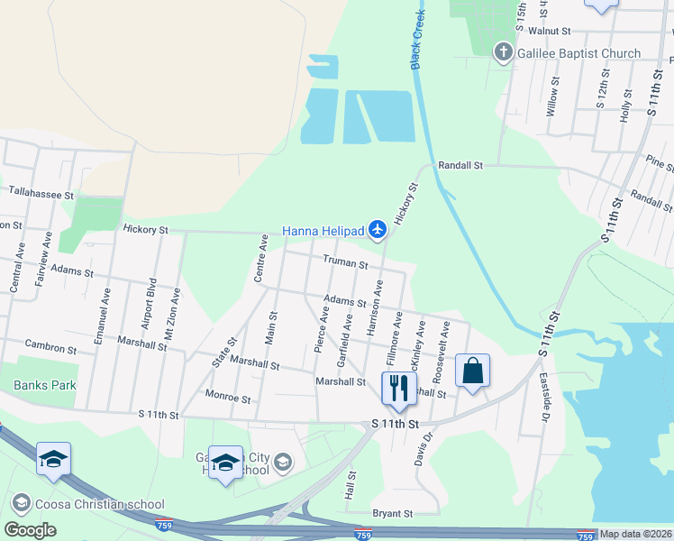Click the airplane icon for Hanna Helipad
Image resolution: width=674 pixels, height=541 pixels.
[x=378, y=232]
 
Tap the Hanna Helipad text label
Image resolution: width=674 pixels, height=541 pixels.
[x=324, y=232]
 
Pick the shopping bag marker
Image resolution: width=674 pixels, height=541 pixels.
[x=472, y=371]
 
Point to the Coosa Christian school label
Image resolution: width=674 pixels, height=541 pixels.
[x=98, y=504]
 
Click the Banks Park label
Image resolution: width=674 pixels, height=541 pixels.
[x=45, y=385]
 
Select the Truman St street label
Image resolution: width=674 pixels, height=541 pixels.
[x=345, y=264]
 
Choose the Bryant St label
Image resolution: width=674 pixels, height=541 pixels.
[x=392, y=513]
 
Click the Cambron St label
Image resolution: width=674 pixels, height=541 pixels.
[x=50, y=348]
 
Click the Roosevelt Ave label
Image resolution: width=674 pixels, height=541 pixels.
[x=439, y=344]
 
